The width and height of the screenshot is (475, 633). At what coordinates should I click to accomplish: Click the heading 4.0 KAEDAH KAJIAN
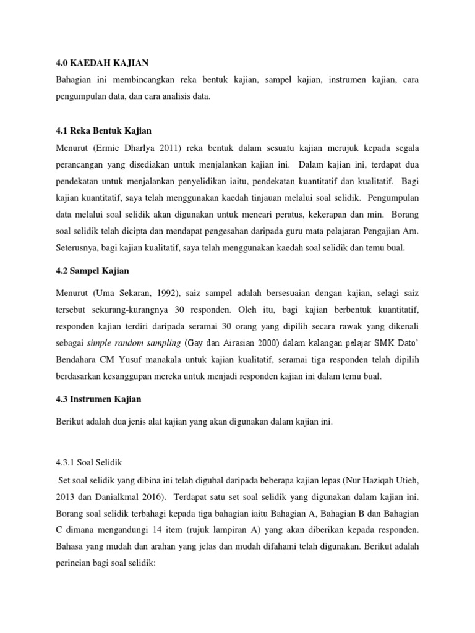(x=98, y=62)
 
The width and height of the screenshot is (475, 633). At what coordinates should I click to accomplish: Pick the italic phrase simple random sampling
(x=134, y=342)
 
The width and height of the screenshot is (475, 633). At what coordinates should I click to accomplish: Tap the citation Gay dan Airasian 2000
(x=231, y=342)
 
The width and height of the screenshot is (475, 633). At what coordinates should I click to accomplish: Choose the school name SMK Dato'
(x=398, y=342)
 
